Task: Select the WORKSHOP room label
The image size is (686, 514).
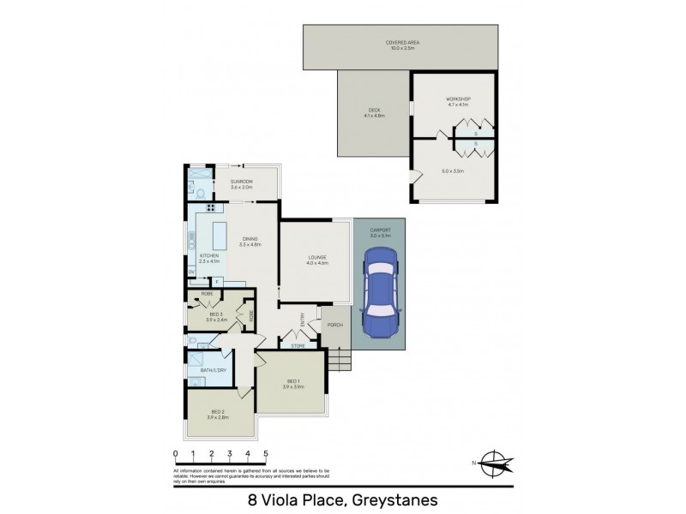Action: point(458,100)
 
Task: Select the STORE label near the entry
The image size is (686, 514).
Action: point(298,346)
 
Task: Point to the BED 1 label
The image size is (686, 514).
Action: point(293,380)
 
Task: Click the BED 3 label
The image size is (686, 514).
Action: point(216,314)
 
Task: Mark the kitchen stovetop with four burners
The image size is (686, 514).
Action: point(209,207)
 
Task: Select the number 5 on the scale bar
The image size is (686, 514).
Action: point(266,454)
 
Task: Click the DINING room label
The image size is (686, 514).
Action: point(250,239)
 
